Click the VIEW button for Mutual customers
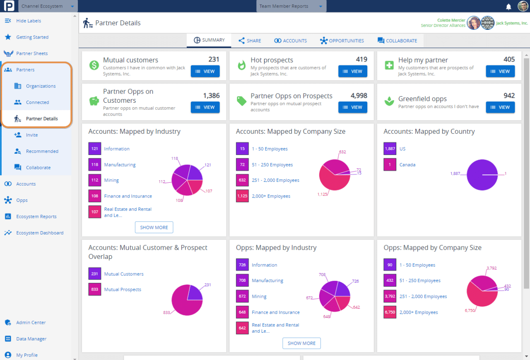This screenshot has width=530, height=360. coord(205,71)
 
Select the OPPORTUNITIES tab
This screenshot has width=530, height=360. coord(342,41)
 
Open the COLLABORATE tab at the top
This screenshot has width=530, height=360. coord(397,41)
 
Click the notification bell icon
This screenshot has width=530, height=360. coord(508,7)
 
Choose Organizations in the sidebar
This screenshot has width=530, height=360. coord(41,86)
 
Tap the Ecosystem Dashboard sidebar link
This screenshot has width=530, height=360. coord(40,233)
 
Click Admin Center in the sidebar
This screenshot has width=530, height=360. coord(31,322)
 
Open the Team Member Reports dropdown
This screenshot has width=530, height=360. coord(291,6)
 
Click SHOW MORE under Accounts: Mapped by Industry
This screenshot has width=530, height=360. coord(154,227)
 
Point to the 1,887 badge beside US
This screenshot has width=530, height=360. coord(390,149)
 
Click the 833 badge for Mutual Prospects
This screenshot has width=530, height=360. coord(95,290)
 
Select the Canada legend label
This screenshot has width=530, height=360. coord(407,164)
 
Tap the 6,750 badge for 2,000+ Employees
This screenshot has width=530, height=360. coord(390,312)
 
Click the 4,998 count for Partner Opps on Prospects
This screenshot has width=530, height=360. coord(359,96)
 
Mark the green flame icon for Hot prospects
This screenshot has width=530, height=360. coord(241,65)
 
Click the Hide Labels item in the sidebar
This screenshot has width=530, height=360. coord(28,21)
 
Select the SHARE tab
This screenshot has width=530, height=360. coord(250,41)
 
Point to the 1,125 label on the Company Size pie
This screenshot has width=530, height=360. coord(323,194)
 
